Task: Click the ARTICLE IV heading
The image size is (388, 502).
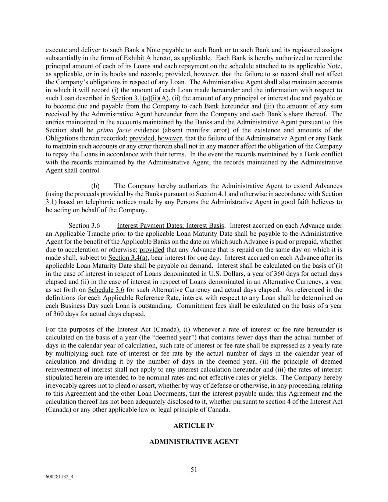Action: [x=194, y=426]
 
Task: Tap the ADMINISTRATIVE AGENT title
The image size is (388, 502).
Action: [x=194, y=442]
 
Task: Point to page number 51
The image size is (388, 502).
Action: [x=194, y=469]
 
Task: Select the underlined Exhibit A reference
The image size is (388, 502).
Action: [x=137, y=58]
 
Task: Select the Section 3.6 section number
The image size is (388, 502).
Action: [x=84, y=226]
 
